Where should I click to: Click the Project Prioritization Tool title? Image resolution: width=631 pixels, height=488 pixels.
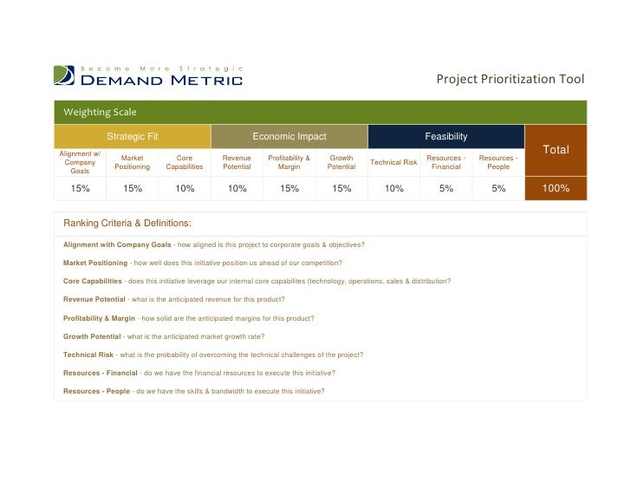[510, 80]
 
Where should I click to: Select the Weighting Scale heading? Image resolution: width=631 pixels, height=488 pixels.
[100, 112]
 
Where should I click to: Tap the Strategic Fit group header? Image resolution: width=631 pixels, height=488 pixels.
[132, 137]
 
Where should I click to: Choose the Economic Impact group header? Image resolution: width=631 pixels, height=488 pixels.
[289, 137]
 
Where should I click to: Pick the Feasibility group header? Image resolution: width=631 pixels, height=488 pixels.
[446, 137]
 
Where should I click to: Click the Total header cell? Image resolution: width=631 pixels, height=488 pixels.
[556, 150]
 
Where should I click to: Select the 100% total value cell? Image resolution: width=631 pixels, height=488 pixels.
[556, 188]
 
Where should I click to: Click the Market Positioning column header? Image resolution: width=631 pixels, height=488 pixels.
[133, 163]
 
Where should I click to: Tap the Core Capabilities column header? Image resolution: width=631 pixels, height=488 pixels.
[185, 163]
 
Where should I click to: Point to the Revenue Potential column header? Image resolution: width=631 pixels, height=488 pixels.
[237, 163]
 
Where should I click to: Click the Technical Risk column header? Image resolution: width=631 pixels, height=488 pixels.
[394, 163]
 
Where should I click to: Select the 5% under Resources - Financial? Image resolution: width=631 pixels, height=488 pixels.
[446, 188]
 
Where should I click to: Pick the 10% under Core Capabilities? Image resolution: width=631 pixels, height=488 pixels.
[185, 188]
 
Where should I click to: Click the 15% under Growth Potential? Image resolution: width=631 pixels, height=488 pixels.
[341, 188]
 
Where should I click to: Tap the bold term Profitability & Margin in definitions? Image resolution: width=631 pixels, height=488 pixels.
[99, 318]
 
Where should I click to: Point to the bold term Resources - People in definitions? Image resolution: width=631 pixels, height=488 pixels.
[96, 391]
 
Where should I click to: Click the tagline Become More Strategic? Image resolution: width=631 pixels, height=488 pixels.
[161, 68]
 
